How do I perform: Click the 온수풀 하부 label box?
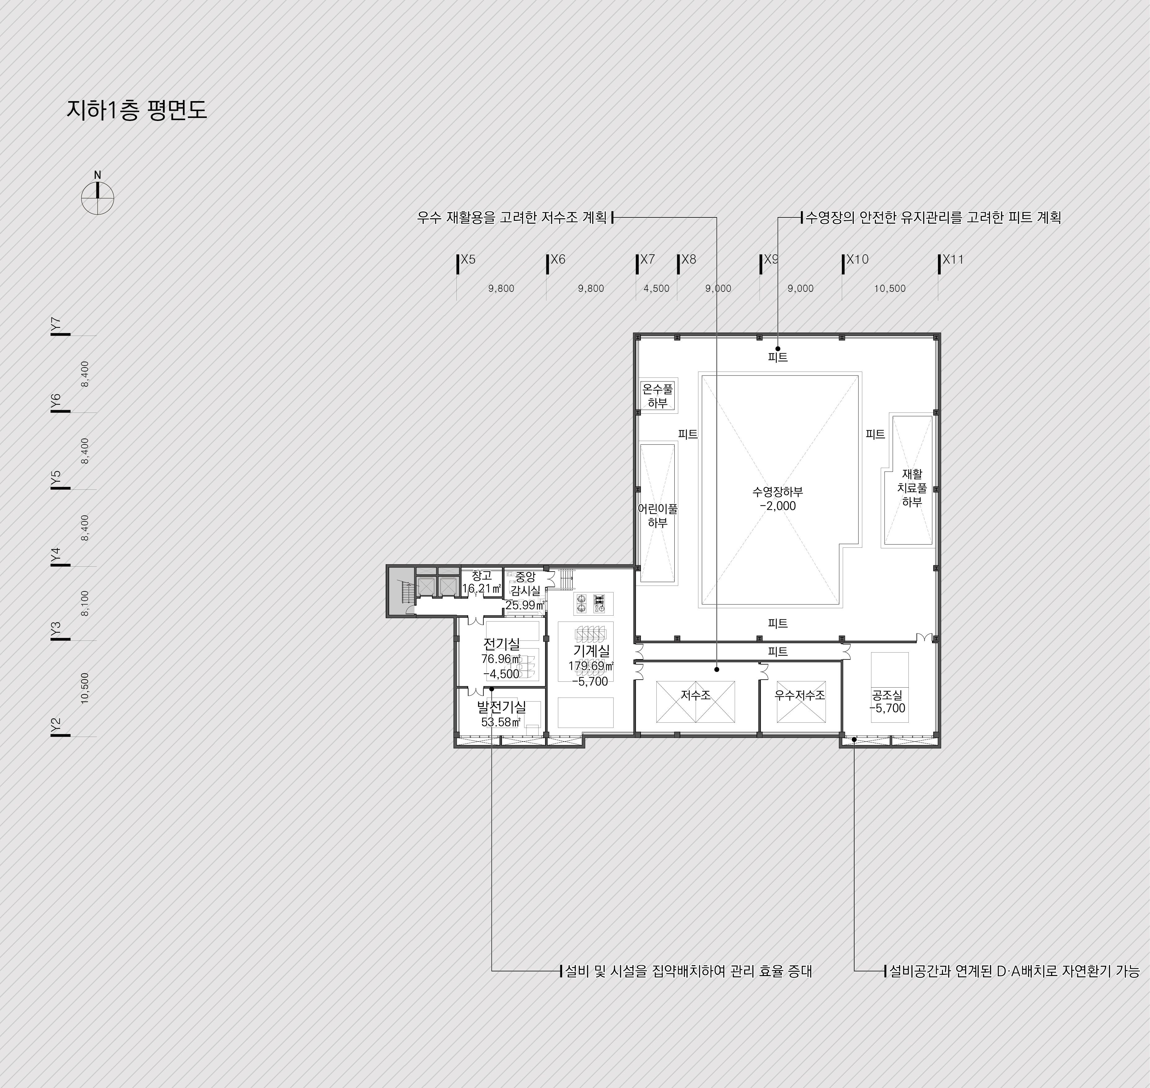(x=658, y=396)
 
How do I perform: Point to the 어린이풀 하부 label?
(x=657, y=515)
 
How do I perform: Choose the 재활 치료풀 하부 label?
(x=912, y=488)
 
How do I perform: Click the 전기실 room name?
(x=501, y=644)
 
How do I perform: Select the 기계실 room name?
(x=591, y=651)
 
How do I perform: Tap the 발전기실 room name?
(x=501, y=707)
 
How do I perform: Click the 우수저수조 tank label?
(x=800, y=694)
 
